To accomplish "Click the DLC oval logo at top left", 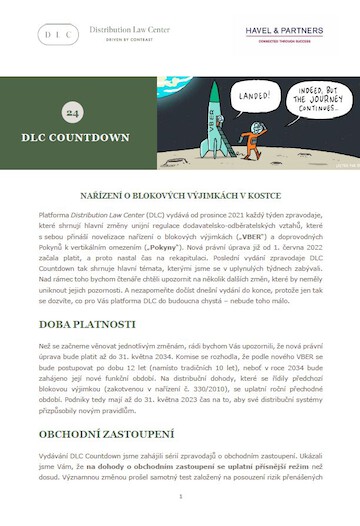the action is pyautogui.click(x=58, y=34).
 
